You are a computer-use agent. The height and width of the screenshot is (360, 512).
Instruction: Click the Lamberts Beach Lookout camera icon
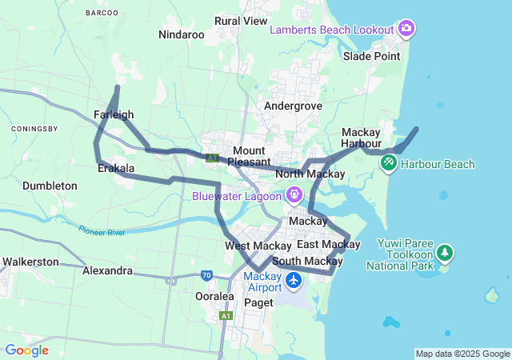(x=406, y=29)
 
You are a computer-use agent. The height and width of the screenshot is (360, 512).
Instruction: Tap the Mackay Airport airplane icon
(x=294, y=282)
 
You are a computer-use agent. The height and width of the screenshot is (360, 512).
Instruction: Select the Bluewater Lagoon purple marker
(x=294, y=194)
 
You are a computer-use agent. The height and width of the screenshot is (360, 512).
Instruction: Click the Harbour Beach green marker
(x=388, y=163)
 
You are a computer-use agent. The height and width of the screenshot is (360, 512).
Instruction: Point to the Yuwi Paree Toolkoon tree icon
(x=445, y=254)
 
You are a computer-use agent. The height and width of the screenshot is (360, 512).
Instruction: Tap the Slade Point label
(x=371, y=56)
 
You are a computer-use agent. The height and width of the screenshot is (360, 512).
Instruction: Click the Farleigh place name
(x=114, y=114)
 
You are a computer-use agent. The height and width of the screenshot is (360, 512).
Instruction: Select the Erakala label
(x=115, y=169)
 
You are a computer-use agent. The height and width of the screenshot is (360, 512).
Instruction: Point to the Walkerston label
(x=30, y=262)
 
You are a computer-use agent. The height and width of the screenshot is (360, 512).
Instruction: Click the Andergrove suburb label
(x=294, y=105)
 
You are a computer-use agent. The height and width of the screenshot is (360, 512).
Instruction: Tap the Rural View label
(x=241, y=21)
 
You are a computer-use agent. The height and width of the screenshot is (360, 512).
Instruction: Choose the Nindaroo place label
(x=182, y=34)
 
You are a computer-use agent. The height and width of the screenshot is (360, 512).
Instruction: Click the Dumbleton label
(x=50, y=186)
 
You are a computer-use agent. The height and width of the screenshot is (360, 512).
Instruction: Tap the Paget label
(x=258, y=302)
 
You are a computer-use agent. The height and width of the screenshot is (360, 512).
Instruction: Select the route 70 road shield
(x=206, y=276)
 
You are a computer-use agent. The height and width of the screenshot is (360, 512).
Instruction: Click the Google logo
(x=26, y=350)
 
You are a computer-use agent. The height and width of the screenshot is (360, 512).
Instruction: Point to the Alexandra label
(x=107, y=270)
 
